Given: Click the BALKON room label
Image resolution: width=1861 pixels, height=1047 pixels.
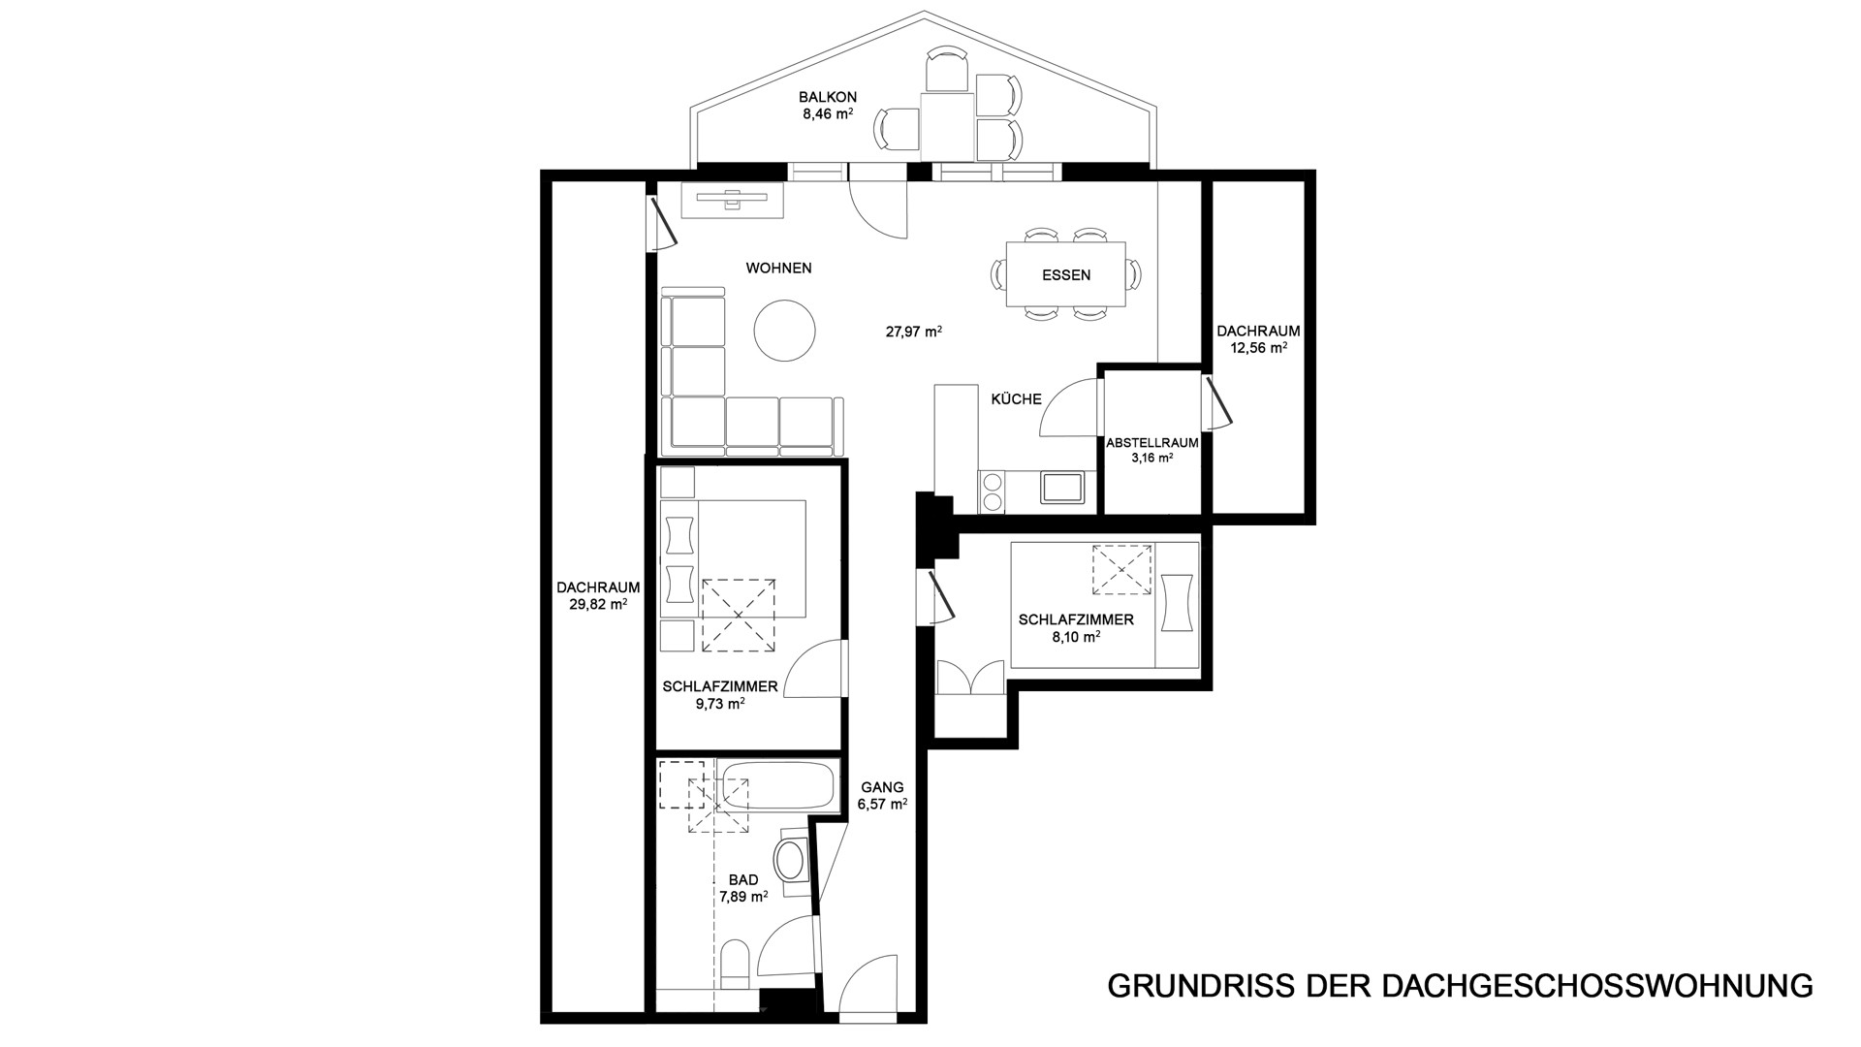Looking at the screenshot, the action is point(827,97).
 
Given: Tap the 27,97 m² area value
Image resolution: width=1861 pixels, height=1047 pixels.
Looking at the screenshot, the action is point(914,331).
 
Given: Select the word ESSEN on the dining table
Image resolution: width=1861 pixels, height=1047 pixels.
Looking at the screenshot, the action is point(1066,275).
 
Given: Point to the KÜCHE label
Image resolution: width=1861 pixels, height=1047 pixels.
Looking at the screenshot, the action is point(1016,398).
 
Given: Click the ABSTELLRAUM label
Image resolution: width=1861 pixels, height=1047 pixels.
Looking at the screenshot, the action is point(1152,443).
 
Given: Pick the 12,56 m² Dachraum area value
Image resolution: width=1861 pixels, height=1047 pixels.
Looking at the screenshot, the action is point(1258,347).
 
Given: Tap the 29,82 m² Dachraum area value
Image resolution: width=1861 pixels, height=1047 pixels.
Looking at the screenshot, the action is point(598,604).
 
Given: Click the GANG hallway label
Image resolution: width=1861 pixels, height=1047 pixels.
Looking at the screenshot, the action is point(881,787).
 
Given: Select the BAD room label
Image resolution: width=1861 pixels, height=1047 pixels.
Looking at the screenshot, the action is point(743,880).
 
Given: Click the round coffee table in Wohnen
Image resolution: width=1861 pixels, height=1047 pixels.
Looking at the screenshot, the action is point(785,330).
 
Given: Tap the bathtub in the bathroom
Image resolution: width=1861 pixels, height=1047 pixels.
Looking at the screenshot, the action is point(779,785).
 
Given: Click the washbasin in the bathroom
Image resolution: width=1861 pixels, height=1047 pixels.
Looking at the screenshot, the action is point(792,859).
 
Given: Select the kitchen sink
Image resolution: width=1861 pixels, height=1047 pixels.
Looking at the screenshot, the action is point(1062,487).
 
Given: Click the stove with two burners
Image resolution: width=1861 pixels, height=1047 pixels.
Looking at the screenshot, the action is point(993,491).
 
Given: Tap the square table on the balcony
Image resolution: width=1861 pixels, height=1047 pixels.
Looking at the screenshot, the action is point(947,126).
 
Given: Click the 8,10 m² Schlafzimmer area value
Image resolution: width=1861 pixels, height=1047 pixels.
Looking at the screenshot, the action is point(1076,637).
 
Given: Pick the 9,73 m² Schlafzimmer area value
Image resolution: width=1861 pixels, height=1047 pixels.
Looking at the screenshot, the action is point(719,705).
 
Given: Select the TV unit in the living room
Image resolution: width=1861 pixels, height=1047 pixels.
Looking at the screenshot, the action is point(732,201).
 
